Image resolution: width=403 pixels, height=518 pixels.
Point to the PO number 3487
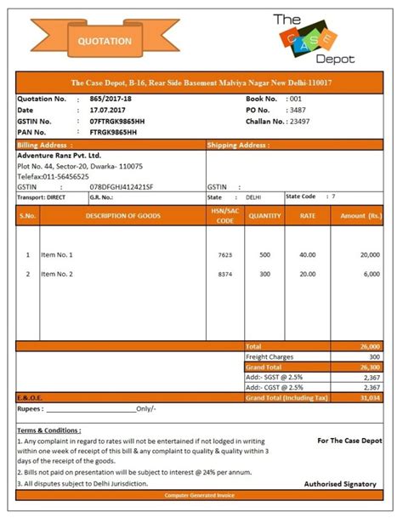tap(298, 111)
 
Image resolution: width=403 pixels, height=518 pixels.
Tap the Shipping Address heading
tap(234, 145)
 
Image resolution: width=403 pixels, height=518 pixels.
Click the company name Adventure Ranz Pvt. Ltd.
tap(59, 156)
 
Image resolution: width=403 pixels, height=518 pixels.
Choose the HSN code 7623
tap(224, 254)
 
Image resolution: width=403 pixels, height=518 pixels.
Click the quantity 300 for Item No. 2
tap(264, 274)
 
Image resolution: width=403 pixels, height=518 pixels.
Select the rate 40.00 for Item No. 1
tap(307, 254)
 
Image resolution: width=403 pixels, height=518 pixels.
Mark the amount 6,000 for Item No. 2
tap(371, 274)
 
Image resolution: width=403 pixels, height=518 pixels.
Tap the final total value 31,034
tap(370, 397)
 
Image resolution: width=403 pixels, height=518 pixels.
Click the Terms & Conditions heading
tap(49, 430)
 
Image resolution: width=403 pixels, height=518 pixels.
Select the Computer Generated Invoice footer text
tap(201, 494)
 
